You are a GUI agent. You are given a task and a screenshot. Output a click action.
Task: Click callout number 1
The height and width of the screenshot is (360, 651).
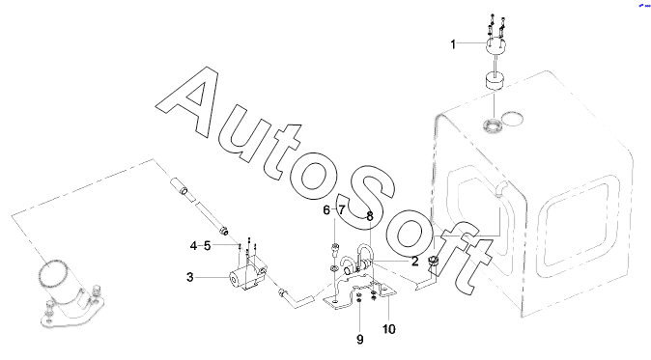(453, 44)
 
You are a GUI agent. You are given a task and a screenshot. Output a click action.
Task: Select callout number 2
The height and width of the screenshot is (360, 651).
(414, 262)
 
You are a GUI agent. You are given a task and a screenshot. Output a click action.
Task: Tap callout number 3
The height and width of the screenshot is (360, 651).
(190, 277)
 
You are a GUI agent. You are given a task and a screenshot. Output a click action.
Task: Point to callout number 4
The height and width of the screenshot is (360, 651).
(193, 246)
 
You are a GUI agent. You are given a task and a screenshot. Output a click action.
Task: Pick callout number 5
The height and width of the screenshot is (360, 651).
(207, 246)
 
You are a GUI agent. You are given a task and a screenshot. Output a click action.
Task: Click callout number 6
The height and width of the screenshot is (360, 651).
(326, 210)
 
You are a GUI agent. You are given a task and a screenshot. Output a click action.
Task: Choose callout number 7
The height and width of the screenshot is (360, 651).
(341, 210)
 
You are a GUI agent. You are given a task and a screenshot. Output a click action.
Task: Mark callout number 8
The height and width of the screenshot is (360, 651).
(370, 216)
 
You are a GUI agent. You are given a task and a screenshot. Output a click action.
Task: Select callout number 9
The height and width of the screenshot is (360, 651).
(360, 340)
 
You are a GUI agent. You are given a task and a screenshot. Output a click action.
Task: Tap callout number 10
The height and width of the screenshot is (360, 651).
(388, 329)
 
